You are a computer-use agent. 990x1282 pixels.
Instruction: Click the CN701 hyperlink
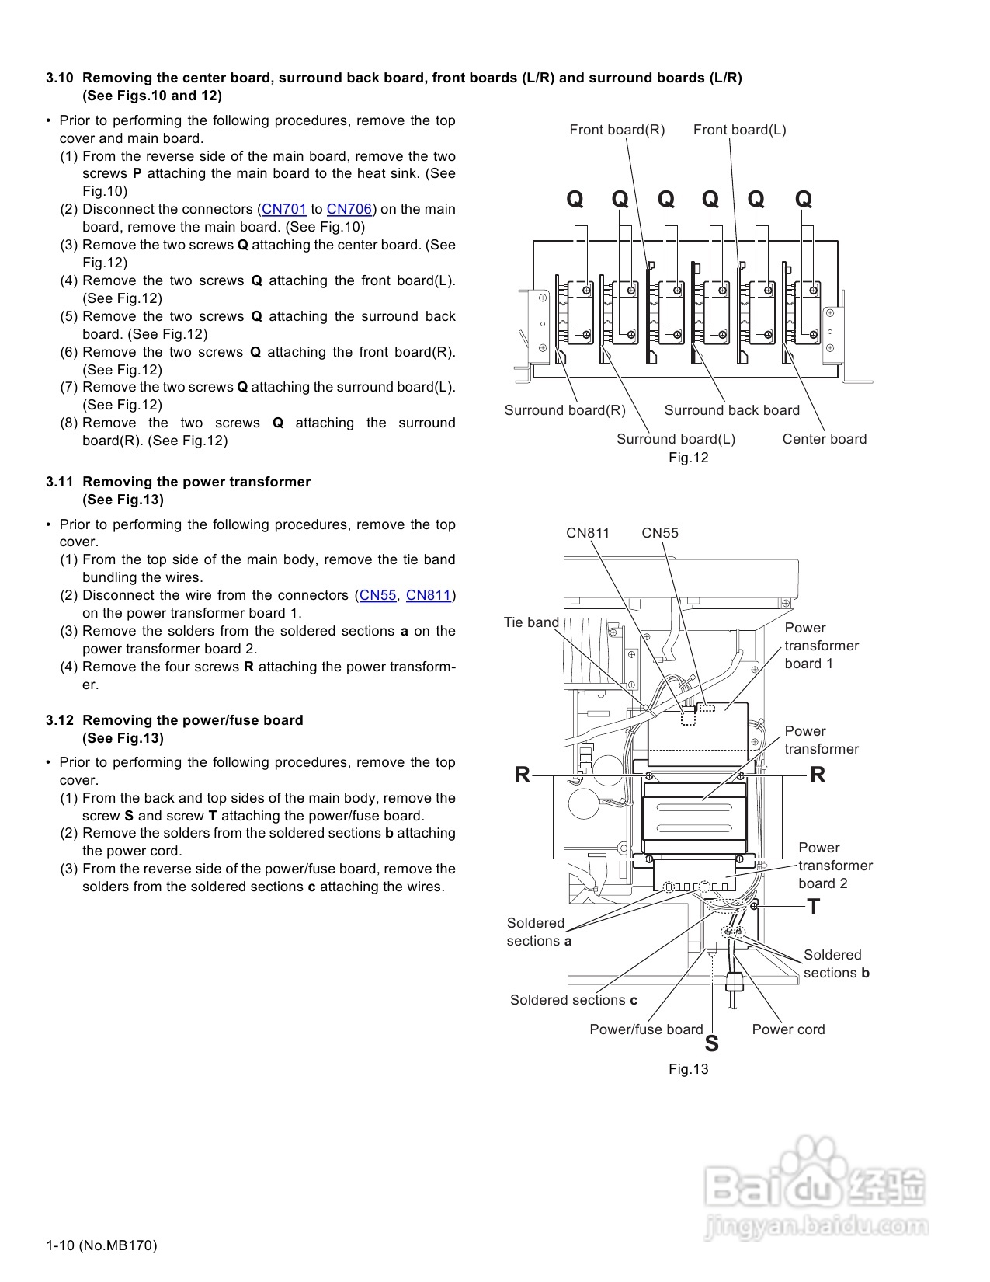[x=284, y=209]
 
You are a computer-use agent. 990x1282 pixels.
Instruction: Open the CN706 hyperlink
[x=349, y=209]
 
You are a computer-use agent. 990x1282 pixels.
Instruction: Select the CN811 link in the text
[x=429, y=595]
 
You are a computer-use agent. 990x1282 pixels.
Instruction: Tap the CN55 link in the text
[x=378, y=595]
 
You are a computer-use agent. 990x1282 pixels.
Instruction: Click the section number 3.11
[x=60, y=482]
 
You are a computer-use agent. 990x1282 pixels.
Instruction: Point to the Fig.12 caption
[x=689, y=458]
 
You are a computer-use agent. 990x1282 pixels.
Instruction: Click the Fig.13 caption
[x=689, y=1069]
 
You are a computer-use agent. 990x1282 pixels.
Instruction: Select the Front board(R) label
[x=617, y=130]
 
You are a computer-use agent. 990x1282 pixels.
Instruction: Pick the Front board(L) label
[x=740, y=130]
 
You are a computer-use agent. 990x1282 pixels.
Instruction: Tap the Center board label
[x=825, y=439]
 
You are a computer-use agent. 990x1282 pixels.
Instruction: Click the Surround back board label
[x=732, y=410]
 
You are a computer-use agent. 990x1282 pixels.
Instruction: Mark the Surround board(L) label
[x=676, y=439]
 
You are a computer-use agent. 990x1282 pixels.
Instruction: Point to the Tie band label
[x=531, y=622]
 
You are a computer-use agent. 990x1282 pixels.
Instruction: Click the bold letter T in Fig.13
[x=813, y=907]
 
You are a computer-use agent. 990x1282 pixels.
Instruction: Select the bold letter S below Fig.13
[x=711, y=1044]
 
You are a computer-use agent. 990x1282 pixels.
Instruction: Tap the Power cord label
[x=788, y=1029]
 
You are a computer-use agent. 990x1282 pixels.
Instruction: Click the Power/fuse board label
[x=646, y=1029]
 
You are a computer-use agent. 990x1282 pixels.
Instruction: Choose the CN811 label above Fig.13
[x=588, y=533]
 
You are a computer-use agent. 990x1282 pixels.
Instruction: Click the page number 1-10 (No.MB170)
[x=102, y=1245]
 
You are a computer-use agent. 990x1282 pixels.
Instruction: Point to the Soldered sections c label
[x=574, y=1000]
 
